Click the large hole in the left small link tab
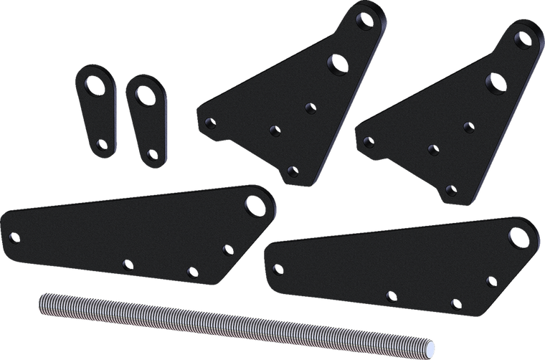[x=93, y=82]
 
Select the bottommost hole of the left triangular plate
[x=291, y=171]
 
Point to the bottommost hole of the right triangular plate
[x=450, y=189]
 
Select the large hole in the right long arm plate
[x=518, y=236]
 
